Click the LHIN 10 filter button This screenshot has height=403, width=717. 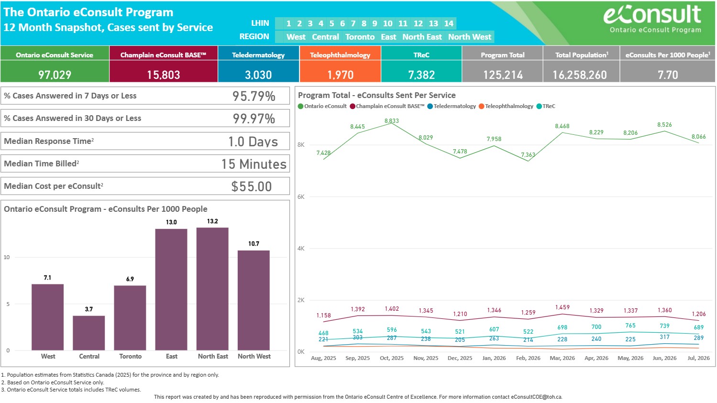coord(387,23)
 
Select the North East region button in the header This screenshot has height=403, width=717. coord(422,37)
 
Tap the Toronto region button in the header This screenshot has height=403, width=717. coord(360,37)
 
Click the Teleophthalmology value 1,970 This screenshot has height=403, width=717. coord(340,75)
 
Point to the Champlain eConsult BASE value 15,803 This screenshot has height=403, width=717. coord(164,75)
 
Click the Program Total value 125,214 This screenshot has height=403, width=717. coord(503,75)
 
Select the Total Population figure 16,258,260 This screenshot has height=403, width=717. coord(580,75)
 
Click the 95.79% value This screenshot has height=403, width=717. coord(254,96)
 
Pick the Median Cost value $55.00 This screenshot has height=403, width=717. coord(252,186)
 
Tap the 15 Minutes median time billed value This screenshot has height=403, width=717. coord(254,164)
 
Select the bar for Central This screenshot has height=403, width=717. coord(88,333)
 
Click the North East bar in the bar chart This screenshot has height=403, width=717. coord(212,289)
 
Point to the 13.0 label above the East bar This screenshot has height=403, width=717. coord(171,222)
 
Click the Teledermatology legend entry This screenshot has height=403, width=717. coord(452,106)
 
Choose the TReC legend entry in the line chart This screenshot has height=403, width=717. coord(546,106)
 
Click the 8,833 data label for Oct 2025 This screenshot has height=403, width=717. coord(391,120)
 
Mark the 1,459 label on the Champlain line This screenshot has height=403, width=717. coord(563,307)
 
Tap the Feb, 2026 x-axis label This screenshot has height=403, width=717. coord(528,358)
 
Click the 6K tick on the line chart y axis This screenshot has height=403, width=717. coord(301,196)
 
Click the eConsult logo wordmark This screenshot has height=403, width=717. coord(652,15)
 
